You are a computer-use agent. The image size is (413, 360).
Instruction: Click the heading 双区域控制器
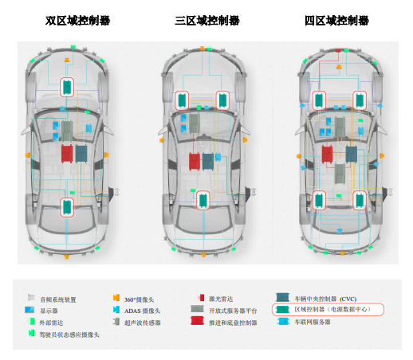click(x=77, y=21)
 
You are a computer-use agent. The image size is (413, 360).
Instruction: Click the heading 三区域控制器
click(x=207, y=21)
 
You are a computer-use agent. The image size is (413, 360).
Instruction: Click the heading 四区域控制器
click(x=336, y=21)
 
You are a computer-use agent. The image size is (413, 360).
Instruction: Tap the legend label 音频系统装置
click(x=58, y=299)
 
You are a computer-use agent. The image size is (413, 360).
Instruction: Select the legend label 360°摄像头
click(x=139, y=299)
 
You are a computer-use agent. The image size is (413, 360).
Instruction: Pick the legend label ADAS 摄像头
click(x=142, y=311)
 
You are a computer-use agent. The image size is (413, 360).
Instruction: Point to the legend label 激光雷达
click(x=221, y=299)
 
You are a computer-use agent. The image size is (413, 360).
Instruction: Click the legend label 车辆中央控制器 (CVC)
click(x=325, y=299)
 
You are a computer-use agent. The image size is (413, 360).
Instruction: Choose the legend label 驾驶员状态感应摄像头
click(x=69, y=335)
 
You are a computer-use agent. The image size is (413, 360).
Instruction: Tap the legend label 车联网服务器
click(x=313, y=322)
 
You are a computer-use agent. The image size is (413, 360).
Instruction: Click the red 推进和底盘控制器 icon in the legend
click(x=197, y=321)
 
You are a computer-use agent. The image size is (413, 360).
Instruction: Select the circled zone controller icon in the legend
click(x=282, y=309)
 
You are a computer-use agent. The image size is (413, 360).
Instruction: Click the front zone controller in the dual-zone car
click(x=67, y=87)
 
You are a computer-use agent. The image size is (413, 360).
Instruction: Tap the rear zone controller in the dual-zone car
click(x=67, y=207)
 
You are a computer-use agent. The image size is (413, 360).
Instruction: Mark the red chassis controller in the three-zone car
click(x=195, y=162)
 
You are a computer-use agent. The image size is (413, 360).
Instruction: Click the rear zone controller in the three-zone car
click(x=203, y=201)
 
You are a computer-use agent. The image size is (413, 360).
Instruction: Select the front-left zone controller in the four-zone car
click(x=319, y=100)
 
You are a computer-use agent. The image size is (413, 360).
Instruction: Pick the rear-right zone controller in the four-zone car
click(x=360, y=201)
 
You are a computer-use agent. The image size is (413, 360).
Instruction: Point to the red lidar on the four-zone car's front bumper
click(x=338, y=50)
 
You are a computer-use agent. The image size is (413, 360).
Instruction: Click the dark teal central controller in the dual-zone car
click(x=81, y=154)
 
